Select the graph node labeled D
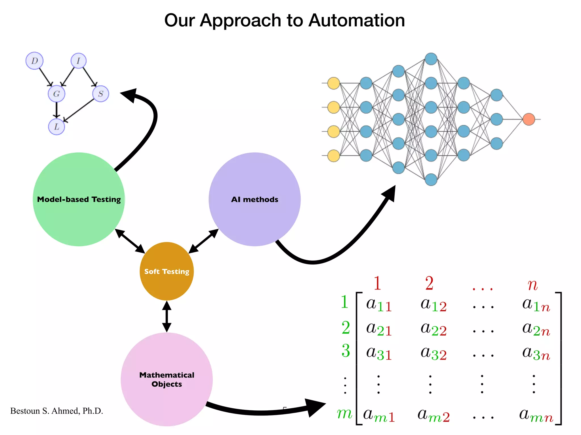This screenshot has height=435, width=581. pos(34,61)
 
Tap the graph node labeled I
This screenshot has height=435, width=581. pos(79,61)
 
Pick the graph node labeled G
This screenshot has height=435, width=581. pos(56,94)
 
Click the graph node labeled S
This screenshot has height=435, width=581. pos(101,94)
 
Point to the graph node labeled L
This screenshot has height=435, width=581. pos(56,127)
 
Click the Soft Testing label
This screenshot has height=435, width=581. pos(167,271)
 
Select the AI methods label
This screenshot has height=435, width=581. pos(254,199)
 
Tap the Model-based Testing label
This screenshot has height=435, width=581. pos(79,199)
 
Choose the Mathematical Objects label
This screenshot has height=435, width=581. pos(167,379)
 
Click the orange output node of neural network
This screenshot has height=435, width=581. pos(529,119)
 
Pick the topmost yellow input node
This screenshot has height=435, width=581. pos(334,83)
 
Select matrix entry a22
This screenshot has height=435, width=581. pos(433,329)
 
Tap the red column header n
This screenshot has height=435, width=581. pos(532,284)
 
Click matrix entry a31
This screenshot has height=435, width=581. pos(379,353)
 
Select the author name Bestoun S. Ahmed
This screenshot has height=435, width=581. pos(56,411)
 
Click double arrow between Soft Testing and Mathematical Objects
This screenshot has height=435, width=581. pos(167,316)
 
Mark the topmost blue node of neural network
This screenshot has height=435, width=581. pos(431,59)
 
